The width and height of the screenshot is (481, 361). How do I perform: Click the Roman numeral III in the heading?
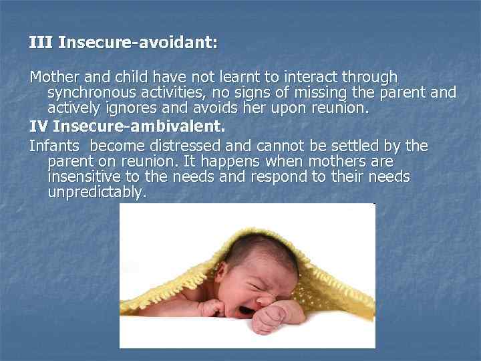tap(41, 43)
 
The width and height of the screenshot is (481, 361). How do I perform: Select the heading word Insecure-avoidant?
tap(138, 43)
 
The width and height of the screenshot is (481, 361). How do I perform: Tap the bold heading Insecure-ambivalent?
tap(138, 126)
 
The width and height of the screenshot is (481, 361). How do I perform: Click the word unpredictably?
tap(97, 193)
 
